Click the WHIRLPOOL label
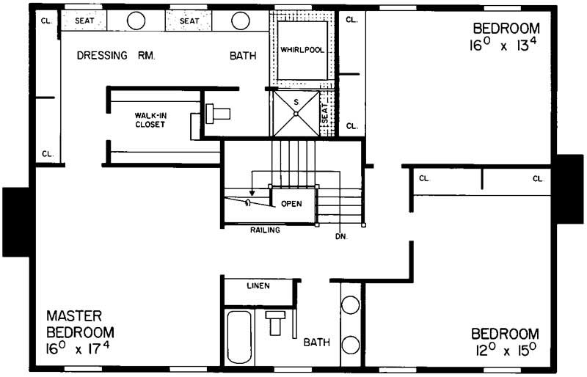click(302, 49)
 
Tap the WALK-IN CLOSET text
click(150, 120)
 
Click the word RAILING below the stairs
click(263, 230)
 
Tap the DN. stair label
click(341, 236)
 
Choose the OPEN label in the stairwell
click(292, 203)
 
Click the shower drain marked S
click(296, 112)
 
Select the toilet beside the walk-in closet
click(217, 114)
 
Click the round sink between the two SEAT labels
click(136, 21)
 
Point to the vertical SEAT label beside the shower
click(325, 113)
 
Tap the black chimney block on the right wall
click(570, 188)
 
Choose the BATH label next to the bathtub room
click(317, 342)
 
